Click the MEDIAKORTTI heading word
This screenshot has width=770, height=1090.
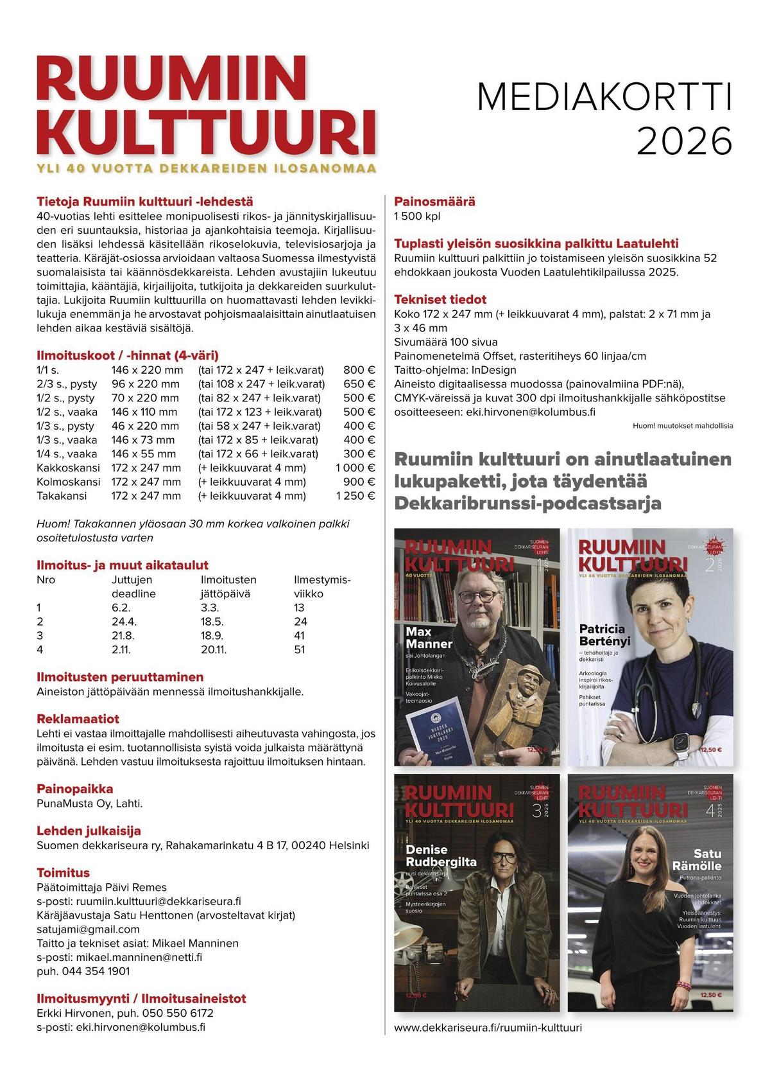pyautogui.click(x=604, y=99)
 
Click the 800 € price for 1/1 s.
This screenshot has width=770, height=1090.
pyautogui.click(x=359, y=370)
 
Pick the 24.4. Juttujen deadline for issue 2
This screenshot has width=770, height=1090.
pyautogui.click(x=124, y=621)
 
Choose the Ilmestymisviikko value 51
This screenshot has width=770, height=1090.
pyautogui.click(x=300, y=649)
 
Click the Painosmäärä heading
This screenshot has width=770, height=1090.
pyautogui.click(x=434, y=201)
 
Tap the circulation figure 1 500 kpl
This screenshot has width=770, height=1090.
pyautogui.click(x=417, y=216)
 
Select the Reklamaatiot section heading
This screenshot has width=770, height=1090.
pyautogui.click(x=78, y=719)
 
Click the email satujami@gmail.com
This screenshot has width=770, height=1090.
pyautogui.click(x=88, y=929)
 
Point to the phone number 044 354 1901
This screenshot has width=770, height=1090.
pyautogui.click(x=83, y=971)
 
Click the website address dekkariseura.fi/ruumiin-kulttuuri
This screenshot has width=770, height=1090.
pyautogui.click(x=488, y=1028)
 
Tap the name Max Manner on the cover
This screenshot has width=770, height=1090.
pyautogui.click(x=429, y=638)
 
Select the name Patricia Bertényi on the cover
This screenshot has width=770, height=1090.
pyautogui.click(x=604, y=635)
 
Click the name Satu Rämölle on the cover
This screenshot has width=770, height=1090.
pyautogui.click(x=697, y=859)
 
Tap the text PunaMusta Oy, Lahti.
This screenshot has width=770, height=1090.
pyautogui.click(x=90, y=804)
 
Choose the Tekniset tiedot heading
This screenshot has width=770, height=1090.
pyautogui.click(x=440, y=299)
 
